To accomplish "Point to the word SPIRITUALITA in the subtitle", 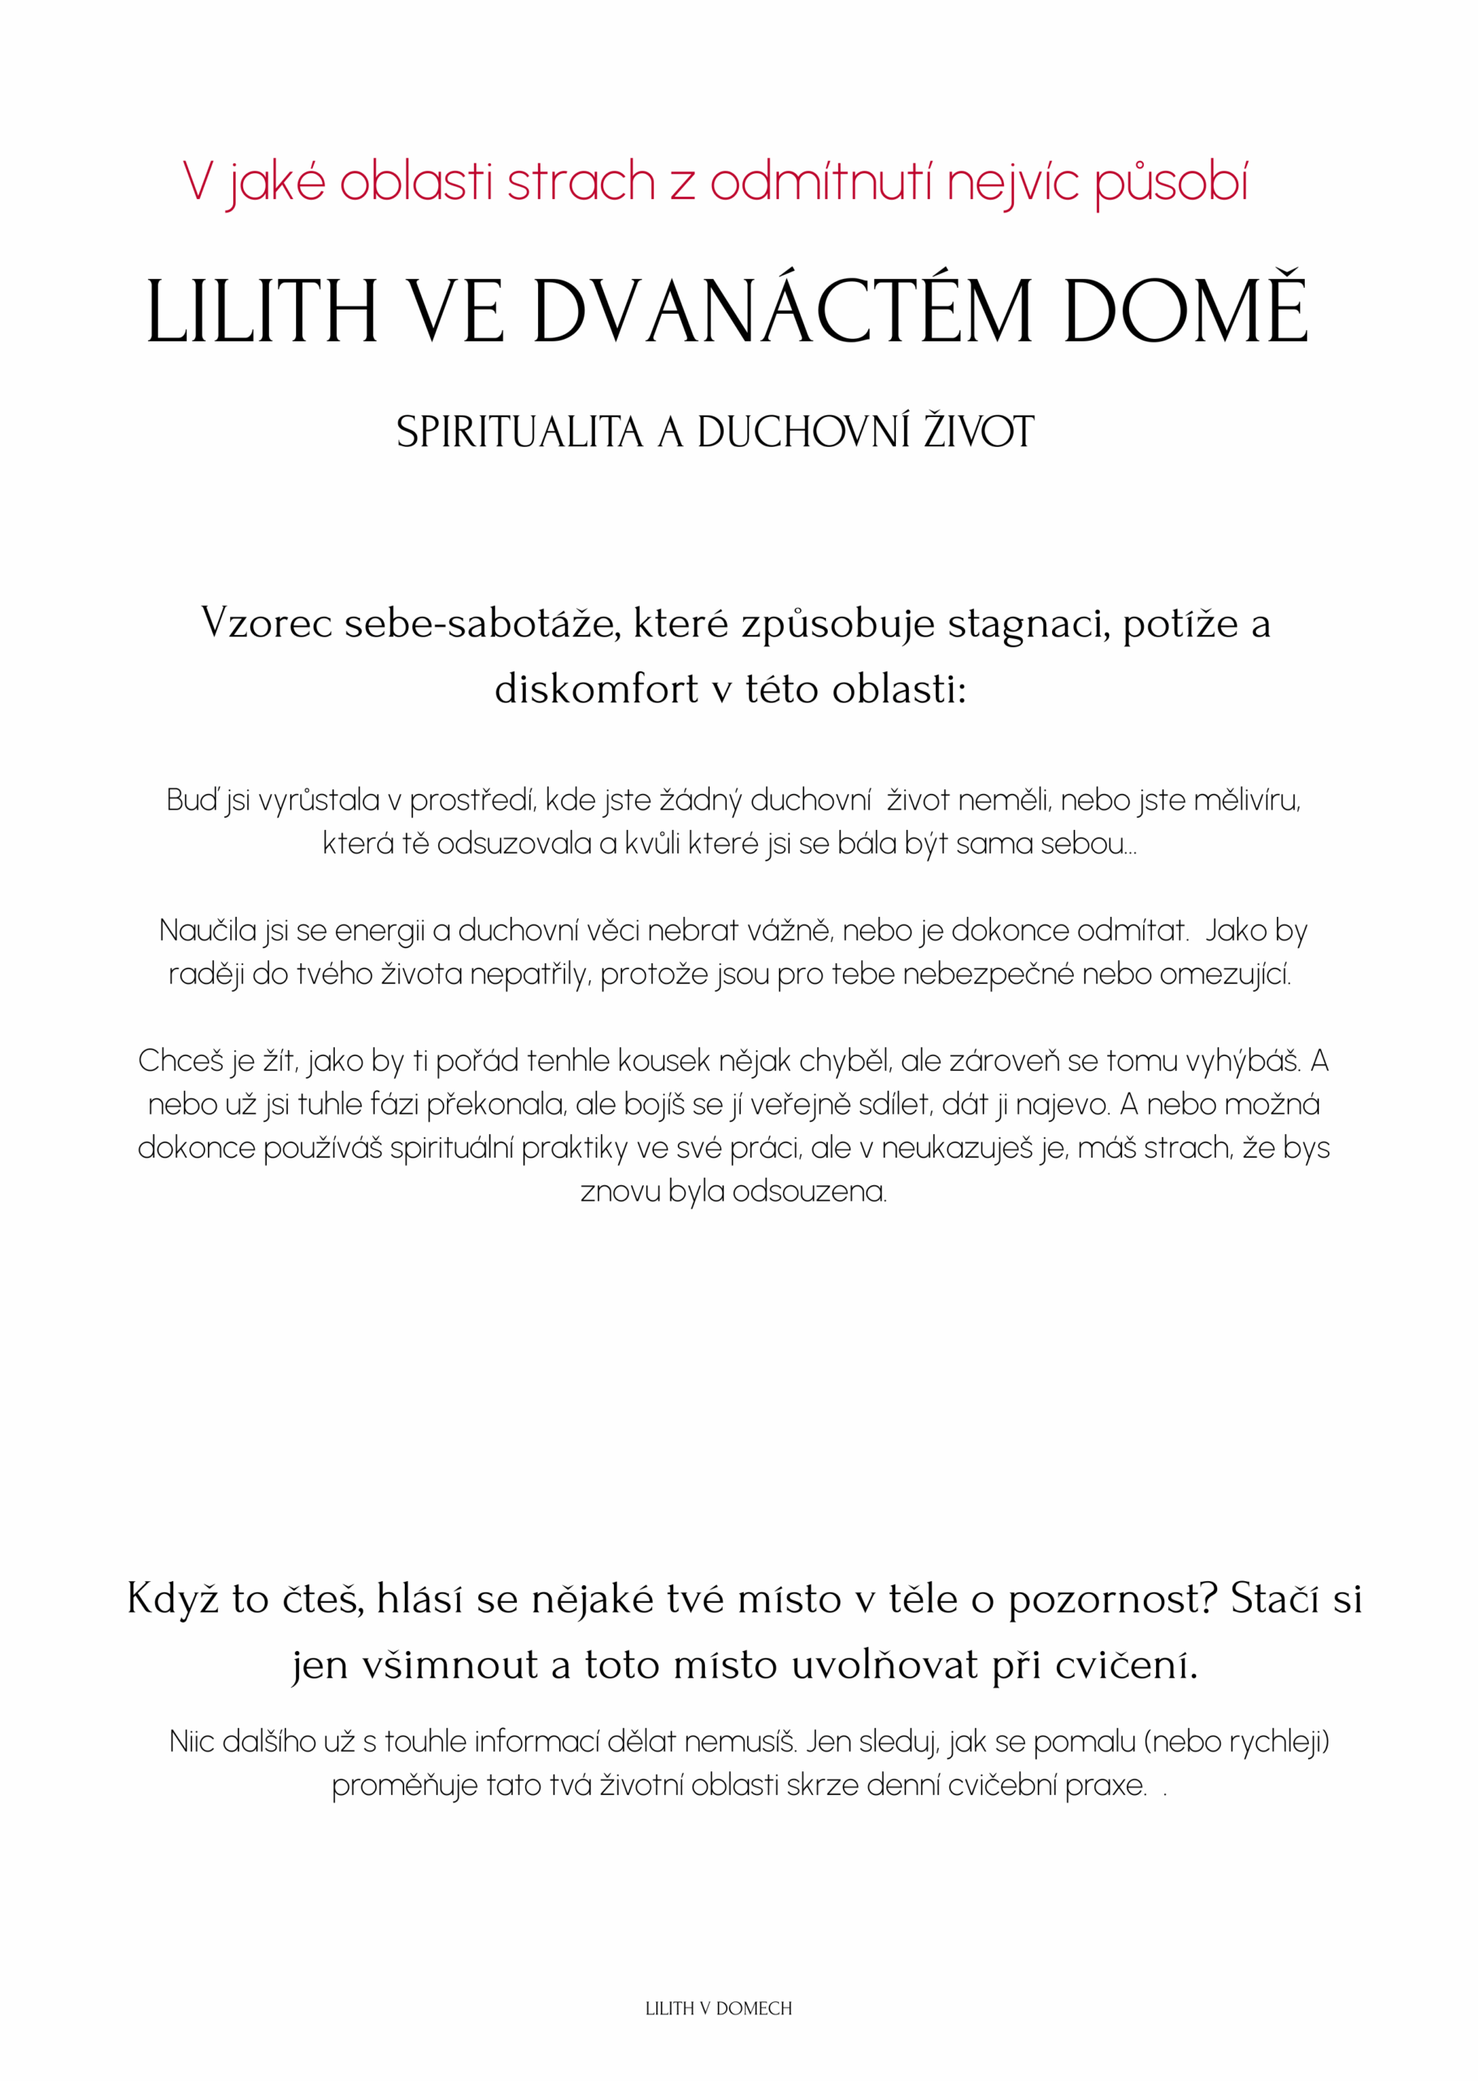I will (x=519, y=432).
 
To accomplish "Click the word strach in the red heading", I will (x=580, y=182).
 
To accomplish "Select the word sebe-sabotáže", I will (x=482, y=624).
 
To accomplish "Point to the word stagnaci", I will (x=1028, y=624).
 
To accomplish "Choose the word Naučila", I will (x=207, y=931).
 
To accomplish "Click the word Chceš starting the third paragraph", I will (x=180, y=1061).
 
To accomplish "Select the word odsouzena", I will (x=809, y=1192).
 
